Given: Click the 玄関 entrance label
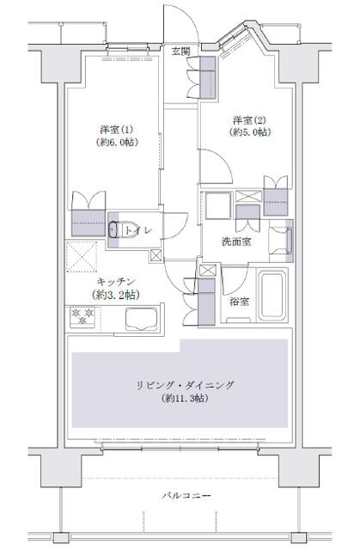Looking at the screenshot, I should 180,51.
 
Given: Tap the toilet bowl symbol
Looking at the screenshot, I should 116,229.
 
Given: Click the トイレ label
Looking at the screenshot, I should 137,230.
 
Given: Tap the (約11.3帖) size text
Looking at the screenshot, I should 186,399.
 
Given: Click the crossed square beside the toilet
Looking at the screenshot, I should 155,255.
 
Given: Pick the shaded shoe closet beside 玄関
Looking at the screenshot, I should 206,80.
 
